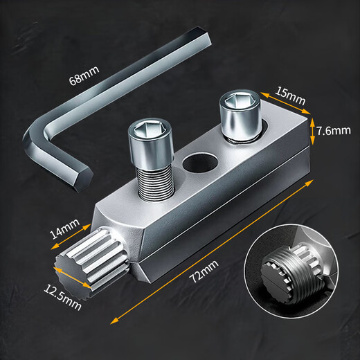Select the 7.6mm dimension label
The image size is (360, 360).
click(x=334, y=130)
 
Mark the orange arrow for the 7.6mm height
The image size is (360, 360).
click(x=313, y=131)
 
